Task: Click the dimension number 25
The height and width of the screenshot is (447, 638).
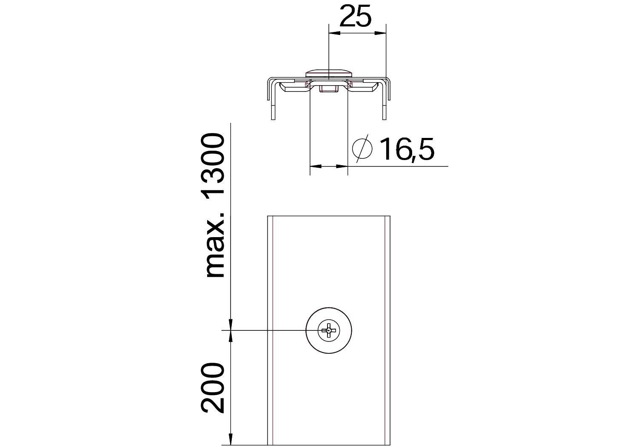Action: [356, 16]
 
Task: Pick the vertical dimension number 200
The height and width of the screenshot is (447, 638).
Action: [213, 388]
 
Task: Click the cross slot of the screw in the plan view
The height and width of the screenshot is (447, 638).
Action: [329, 330]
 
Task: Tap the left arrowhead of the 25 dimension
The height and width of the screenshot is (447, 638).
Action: [333, 33]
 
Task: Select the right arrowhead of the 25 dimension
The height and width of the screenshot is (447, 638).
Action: [381, 33]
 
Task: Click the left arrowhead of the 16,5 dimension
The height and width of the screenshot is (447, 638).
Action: [315, 166]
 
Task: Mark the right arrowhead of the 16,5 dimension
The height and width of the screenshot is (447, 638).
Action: [343, 166]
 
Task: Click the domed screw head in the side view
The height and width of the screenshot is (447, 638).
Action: [329, 72]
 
